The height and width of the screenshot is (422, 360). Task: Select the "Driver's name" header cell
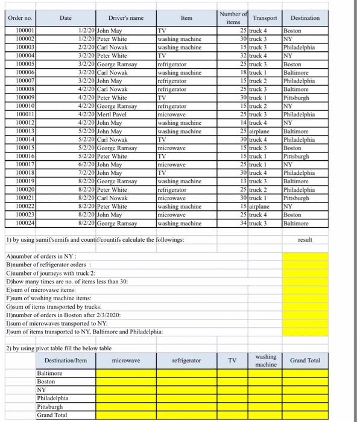point(126,18)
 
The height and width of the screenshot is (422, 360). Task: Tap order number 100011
point(25,114)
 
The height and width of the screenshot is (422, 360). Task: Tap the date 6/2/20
point(86,163)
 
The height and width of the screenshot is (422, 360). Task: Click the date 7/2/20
point(86,172)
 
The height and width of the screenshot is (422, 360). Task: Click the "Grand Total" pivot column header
point(305,361)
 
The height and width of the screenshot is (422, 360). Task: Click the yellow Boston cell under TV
point(232,382)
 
